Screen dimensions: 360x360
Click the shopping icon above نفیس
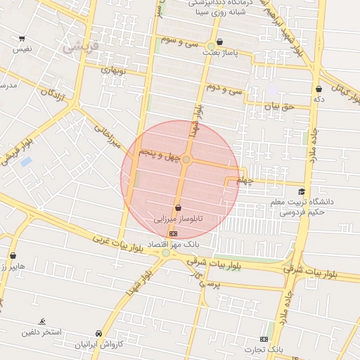pyautogui.click(x=22, y=39)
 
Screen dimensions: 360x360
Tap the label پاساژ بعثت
pyautogui.click(x=221, y=53)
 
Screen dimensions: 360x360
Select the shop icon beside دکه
pyautogui.click(x=319, y=89)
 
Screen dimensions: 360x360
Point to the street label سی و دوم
pyautogui.click(x=224, y=89)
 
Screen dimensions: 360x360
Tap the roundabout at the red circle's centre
pyautogui.click(x=186, y=160)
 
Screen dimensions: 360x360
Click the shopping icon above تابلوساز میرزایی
pyautogui.click(x=177, y=208)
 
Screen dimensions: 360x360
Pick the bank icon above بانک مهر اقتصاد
pyautogui.click(x=174, y=233)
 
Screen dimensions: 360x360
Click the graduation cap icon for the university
pyautogui.click(x=302, y=191)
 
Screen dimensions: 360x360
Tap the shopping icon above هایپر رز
pyautogui.click(x=13, y=256)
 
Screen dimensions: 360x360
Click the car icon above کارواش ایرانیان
pyautogui.click(x=98, y=333)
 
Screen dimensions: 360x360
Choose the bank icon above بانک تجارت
pyautogui.click(x=264, y=339)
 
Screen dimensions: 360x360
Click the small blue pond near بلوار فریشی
pyautogui.click(x=26, y=162)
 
